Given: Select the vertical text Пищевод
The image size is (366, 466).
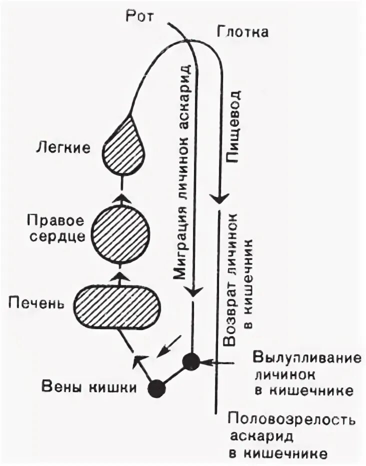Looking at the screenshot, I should click(233, 127).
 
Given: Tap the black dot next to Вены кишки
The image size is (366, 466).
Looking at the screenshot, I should click(157, 387).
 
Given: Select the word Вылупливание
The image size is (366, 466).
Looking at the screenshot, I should click(306, 358).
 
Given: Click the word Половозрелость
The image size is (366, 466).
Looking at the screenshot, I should click(291, 419).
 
